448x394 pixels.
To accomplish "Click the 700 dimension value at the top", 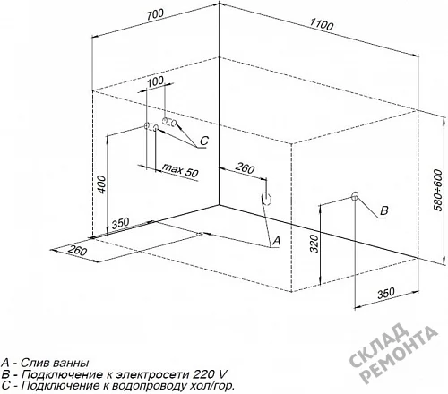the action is click(155, 15).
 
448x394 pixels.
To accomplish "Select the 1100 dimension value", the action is click(321, 24).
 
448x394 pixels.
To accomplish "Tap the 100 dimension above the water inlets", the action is click(156, 81).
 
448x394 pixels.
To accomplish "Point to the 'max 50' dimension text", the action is click(180, 170).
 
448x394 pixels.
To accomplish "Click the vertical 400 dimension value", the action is click(102, 184).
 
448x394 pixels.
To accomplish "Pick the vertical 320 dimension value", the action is click(314, 244).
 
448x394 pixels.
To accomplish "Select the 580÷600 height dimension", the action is click(438, 190).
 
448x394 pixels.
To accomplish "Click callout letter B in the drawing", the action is click(384, 210).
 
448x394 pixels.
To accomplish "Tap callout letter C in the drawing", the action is click(204, 141).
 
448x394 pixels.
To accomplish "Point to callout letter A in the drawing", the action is click(277, 240).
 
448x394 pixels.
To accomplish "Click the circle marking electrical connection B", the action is click(355, 196).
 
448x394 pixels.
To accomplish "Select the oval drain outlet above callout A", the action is click(266, 198).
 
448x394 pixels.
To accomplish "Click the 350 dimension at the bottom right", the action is click(386, 293).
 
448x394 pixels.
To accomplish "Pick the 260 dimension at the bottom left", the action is click(77, 250).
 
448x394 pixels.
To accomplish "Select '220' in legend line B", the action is click(204, 374).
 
